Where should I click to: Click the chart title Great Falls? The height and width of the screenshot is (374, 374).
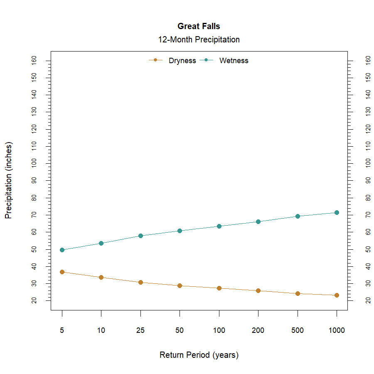click(x=199, y=26)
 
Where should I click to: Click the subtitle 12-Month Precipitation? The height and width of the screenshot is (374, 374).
click(x=199, y=40)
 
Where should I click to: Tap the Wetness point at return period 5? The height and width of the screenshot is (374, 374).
click(x=62, y=250)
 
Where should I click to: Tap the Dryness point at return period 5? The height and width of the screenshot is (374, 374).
click(x=62, y=272)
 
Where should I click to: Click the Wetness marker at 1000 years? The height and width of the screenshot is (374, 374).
click(x=337, y=212)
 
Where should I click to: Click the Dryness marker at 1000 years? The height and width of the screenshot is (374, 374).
click(x=337, y=295)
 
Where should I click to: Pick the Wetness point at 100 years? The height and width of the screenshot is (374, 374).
click(x=219, y=226)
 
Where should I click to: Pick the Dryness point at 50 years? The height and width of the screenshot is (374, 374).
click(x=180, y=285)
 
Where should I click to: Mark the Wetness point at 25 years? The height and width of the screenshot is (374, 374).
click(x=140, y=236)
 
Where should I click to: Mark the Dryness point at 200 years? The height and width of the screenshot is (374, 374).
click(x=258, y=290)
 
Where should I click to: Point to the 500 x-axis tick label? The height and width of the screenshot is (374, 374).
click(x=297, y=331)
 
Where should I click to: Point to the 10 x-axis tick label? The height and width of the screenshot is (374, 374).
click(x=101, y=331)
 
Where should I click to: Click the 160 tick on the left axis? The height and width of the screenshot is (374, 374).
click(x=34, y=61)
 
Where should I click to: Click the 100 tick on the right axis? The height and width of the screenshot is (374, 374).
click(x=367, y=163)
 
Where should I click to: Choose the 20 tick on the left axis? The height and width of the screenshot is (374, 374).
click(x=34, y=300)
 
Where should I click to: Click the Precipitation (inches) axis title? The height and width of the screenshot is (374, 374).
click(x=9, y=180)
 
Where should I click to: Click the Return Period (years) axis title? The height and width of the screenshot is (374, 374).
click(x=199, y=355)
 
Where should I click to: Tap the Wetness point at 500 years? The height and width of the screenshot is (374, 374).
click(x=298, y=216)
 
